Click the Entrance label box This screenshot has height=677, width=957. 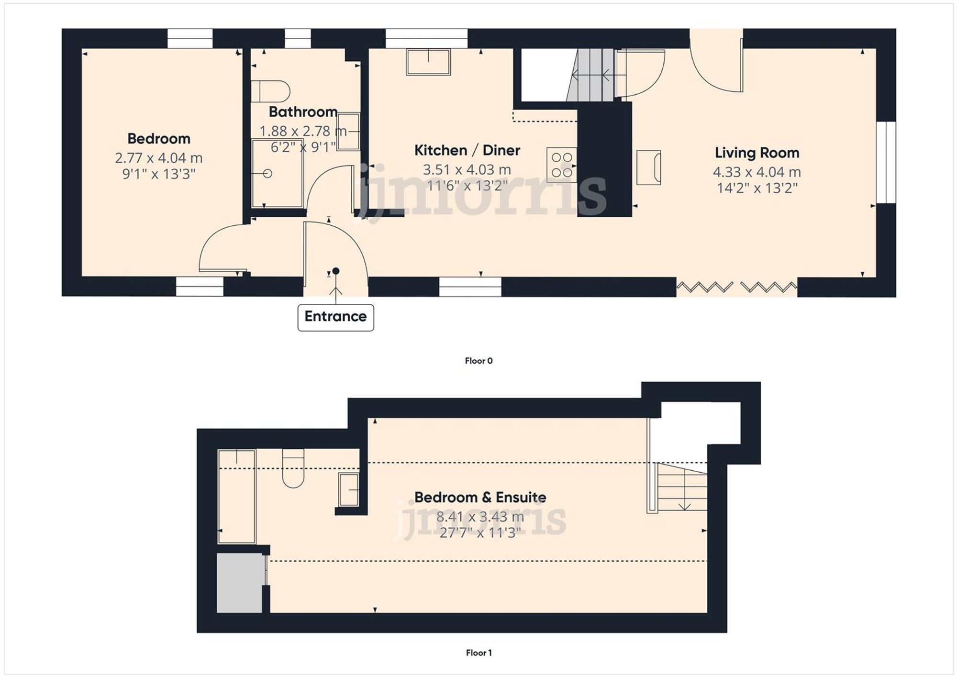pos(335,317)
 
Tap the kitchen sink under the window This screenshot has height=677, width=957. pos(428,62)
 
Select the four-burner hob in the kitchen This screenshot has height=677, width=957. pos(562,165)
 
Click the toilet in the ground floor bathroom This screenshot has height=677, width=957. pos(271,91)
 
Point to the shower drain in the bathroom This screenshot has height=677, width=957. pos(267,174)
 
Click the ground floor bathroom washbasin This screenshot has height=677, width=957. pos(348,131)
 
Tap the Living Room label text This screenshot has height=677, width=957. pos(757,153)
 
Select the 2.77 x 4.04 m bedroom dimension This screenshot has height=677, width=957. pos(158,158)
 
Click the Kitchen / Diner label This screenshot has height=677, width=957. pos(467,150)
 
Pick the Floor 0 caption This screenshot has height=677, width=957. pos(478,361)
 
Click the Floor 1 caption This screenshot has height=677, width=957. pos(478,653)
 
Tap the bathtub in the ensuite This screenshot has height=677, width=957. pos(237,497)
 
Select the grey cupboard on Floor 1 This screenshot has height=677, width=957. pos(240,583)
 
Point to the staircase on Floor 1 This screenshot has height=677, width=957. pos(682,487)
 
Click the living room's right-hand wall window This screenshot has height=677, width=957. pos(886,163)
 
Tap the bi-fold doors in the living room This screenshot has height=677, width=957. pos(737,287)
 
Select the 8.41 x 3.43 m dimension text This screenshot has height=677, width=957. pos(479,517)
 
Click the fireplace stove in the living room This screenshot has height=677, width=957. pos(649,167)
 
